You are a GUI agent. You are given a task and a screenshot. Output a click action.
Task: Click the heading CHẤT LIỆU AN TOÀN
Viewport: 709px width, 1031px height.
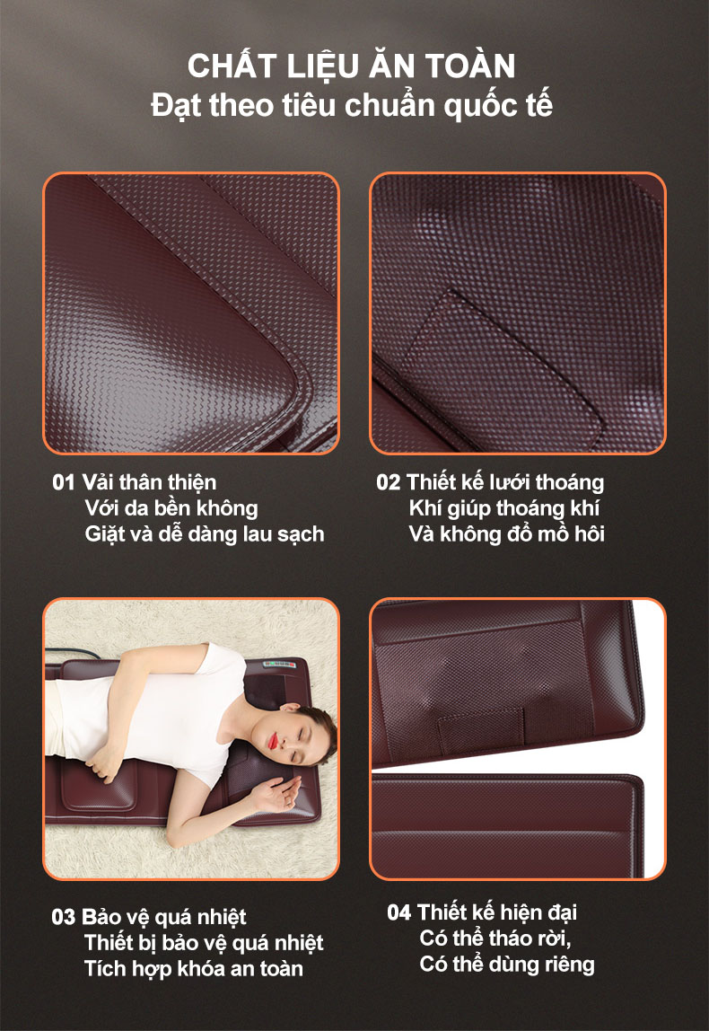tap(352, 66)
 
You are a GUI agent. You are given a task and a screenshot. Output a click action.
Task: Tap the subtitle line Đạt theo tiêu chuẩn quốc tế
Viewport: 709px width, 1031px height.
tap(352, 106)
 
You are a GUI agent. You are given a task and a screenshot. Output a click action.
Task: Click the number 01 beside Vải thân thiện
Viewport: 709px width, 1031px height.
tap(64, 482)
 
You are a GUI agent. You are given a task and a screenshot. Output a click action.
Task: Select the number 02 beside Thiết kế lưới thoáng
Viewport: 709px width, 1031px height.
tap(388, 482)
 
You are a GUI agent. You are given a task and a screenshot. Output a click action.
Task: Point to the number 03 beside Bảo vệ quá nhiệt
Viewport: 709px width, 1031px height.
tap(63, 917)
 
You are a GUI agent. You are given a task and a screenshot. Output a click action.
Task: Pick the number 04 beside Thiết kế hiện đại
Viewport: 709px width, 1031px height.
tap(398, 912)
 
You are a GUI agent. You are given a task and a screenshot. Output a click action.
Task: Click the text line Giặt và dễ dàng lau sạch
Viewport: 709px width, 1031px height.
tap(205, 534)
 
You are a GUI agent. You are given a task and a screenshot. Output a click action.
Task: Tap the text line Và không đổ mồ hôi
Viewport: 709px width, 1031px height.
tap(506, 533)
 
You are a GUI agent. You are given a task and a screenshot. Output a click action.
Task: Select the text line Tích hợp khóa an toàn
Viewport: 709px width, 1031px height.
tap(194, 969)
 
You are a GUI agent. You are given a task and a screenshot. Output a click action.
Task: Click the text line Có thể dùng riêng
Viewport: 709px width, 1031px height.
tap(507, 965)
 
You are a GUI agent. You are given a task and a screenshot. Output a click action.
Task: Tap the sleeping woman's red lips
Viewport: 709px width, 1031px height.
tap(272, 741)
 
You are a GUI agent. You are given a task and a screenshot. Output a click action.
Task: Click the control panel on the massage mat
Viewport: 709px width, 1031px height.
tap(280, 665)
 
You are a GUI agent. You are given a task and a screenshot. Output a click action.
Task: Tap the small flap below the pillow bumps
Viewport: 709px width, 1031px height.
tap(481, 730)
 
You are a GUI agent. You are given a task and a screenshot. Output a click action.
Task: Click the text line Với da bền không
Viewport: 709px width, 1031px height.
tap(171, 509)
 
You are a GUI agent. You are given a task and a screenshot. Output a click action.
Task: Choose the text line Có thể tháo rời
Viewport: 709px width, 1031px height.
tap(495, 938)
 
